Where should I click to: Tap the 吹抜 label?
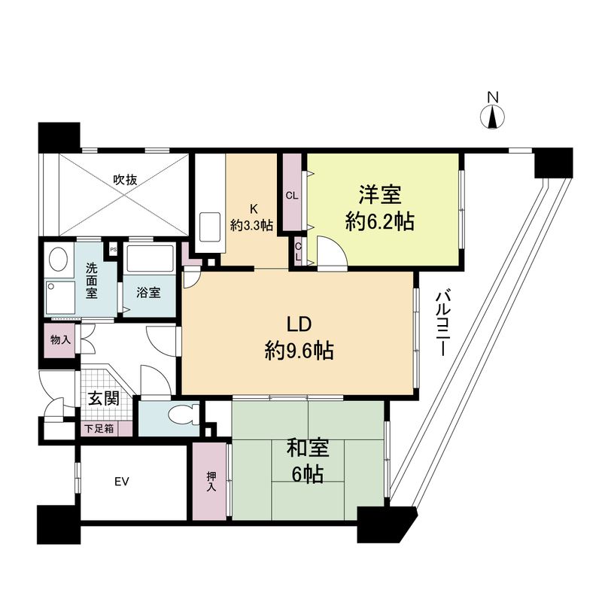point(125,180)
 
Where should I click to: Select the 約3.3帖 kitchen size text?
point(251,225)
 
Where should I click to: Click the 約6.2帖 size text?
point(379,222)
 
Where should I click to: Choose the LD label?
point(299,324)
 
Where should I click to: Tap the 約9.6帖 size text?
point(299,350)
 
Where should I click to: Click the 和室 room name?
point(308,449)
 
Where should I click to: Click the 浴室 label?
point(148,292)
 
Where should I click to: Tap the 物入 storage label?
point(60,340)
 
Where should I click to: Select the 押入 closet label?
point(211,481)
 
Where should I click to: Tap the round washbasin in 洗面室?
point(56,260)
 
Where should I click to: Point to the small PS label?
point(114,248)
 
